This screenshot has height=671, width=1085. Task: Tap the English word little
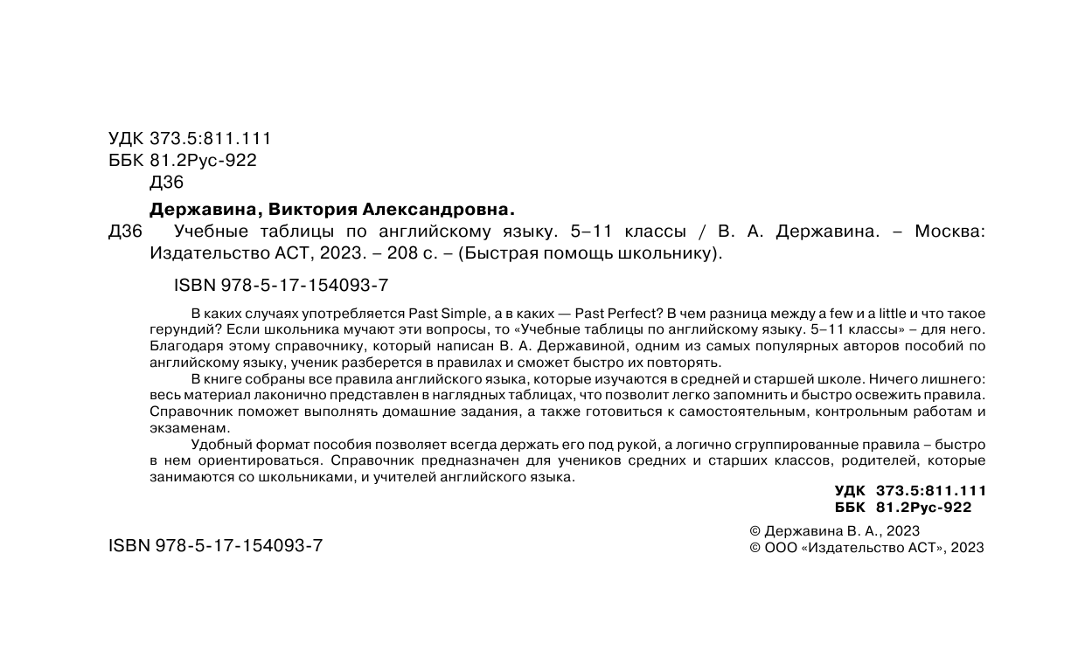point(892,314)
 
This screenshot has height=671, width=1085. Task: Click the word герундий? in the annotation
point(181,330)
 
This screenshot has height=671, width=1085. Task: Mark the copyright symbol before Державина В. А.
point(755,531)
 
